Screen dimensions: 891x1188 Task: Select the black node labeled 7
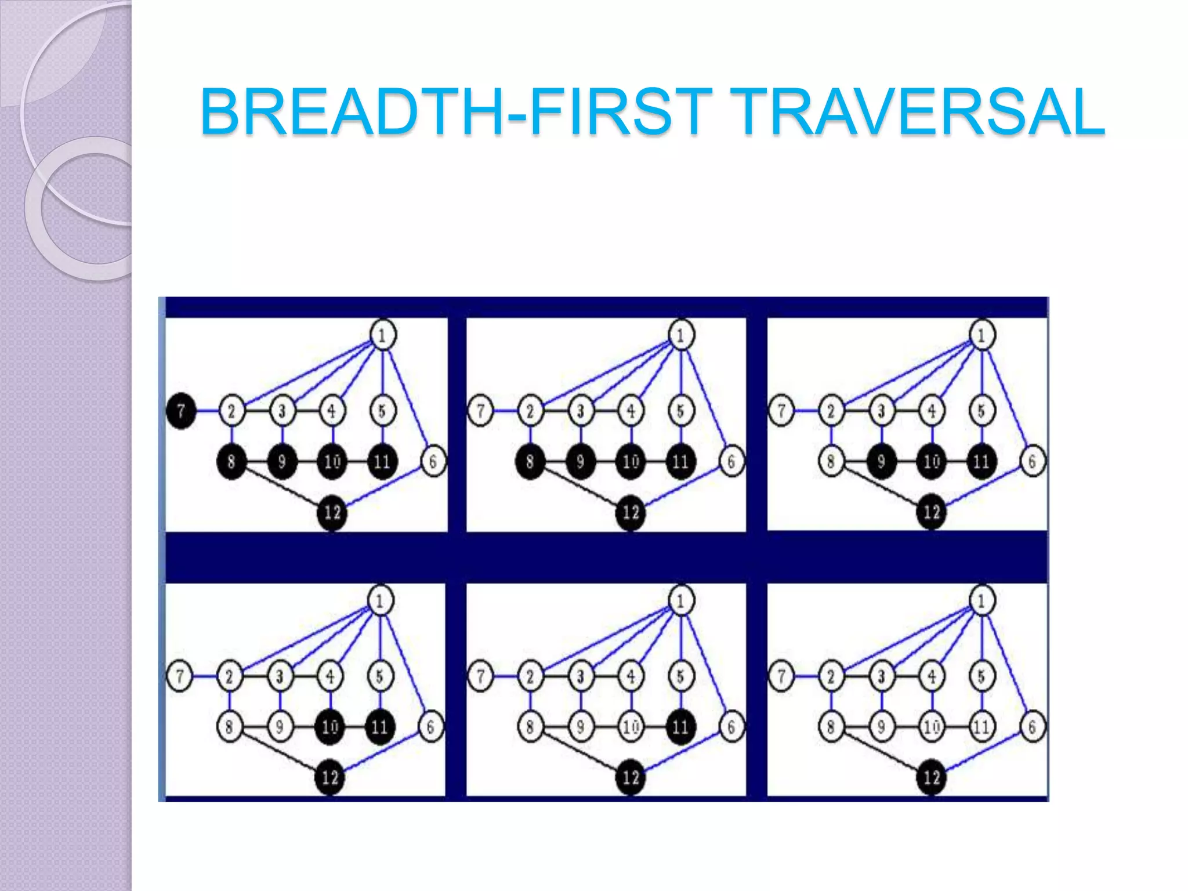[181, 411]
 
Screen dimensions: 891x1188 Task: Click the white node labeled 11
[981, 726]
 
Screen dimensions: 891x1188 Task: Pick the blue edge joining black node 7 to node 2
[207, 411]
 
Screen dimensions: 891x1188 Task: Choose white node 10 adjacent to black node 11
[631, 726]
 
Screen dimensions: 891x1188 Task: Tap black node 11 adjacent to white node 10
[680, 726]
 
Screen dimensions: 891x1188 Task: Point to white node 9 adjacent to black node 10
[280, 726]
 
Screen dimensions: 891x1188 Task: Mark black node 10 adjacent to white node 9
[329, 726]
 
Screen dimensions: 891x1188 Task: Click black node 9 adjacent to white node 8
[881, 462]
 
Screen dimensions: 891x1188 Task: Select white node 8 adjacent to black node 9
[831, 462]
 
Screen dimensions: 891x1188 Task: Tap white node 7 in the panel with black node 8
[480, 411]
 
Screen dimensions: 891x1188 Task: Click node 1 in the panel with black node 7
[382, 335]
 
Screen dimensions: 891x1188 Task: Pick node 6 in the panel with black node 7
[433, 462]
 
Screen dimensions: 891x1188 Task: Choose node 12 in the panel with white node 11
[932, 777]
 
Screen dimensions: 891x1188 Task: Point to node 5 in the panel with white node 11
[981, 676]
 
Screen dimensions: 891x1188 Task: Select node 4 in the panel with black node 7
[332, 411]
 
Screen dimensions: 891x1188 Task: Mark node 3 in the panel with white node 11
[881, 676]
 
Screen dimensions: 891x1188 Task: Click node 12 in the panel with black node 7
[332, 512]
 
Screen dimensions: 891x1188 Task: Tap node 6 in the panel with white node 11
[1032, 726]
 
